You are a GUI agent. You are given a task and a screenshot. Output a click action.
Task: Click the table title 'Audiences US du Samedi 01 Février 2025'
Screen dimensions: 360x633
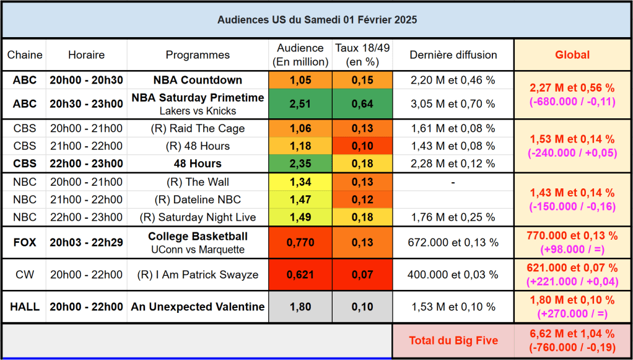[x=316, y=20]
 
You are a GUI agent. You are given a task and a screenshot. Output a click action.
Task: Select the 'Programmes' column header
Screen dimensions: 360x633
[x=198, y=55]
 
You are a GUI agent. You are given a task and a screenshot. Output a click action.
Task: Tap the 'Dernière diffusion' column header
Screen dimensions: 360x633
[x=453, y=55]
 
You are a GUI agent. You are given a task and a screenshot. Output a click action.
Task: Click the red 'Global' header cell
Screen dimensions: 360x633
[x=572, y=55]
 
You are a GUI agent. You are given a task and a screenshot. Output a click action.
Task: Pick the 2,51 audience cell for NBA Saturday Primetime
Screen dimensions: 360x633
[x=300, y=104]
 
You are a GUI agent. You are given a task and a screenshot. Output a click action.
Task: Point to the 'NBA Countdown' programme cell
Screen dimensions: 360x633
[x=198, y=80]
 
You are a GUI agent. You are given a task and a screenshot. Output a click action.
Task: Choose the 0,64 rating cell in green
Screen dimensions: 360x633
[x=362, y=104]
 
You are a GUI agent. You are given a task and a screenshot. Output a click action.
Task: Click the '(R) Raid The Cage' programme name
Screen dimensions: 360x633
[x=198, y=129]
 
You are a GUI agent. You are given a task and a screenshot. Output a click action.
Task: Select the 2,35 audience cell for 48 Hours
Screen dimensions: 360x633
[x=300, y=164]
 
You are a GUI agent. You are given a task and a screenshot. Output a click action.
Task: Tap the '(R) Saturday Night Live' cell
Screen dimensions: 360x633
[x=198, y=217]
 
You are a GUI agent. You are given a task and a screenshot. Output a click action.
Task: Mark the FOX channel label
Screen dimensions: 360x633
[x=25, y=242]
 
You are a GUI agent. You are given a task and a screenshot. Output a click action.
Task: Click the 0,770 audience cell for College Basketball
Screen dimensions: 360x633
[x=300, y=242]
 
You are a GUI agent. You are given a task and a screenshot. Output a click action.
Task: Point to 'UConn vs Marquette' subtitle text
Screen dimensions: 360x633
[x=198, y=250]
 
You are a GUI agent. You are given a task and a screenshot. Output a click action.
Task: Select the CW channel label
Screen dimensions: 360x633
[x=25, y=274]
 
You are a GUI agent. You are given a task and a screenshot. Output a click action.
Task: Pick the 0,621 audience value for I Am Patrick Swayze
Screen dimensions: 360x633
[x=300, y=274]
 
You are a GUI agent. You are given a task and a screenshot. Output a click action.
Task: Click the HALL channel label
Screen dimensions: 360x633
[x=25, y=307]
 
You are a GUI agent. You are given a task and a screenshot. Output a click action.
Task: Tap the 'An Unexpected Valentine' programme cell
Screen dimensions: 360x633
[x=198, y=307]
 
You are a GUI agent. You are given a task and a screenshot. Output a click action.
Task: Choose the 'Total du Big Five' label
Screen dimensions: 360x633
[x=453, y=341]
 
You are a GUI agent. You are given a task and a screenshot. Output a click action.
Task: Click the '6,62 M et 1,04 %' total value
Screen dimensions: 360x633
[x=572, y=334]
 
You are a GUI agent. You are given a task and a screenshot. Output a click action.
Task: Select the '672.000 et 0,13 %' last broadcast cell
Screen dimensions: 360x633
[x=453, y=242]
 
